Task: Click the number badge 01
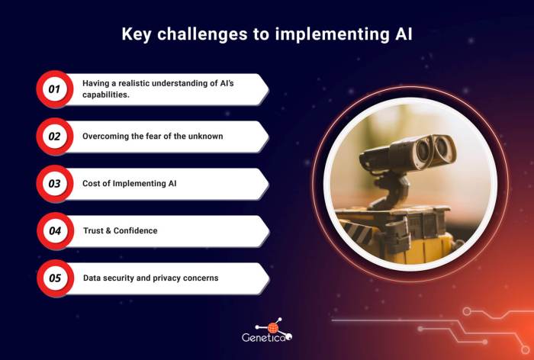coord(54,90)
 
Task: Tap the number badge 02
coord(54,137)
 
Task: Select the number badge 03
coord(54,184)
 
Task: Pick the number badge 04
coord(54,231)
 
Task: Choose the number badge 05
coord(54,278)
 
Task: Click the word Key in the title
coord(138,35)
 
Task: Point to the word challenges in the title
coord(204,35)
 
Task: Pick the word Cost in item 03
coord(92,184)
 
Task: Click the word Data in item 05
coord(92,278)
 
